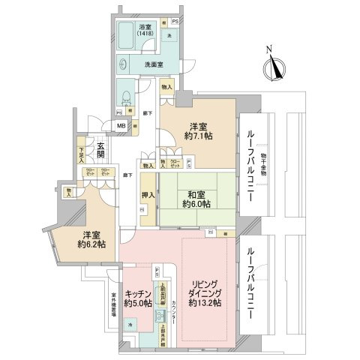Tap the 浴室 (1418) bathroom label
[x=144, y=31]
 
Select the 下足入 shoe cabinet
[x=81, y=154]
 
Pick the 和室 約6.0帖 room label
[x=197, y=199]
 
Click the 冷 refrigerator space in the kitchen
[x=130, y=325]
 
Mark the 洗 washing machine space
[x=169, y=35]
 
